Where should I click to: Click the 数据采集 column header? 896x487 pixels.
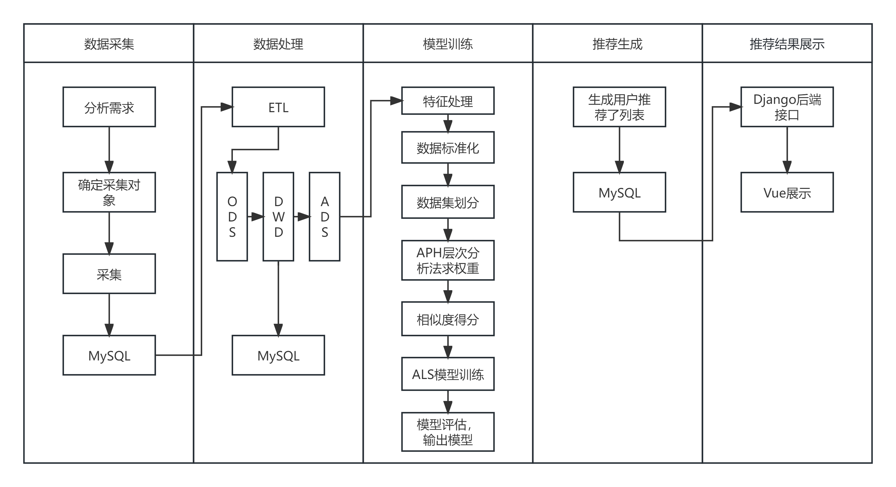pyautogui.click(x=109, y=44)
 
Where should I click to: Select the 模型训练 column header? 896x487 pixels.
pyautogui.click(x=448, y=44)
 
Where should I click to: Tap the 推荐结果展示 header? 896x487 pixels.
pyautogui.click(x=787, y=44)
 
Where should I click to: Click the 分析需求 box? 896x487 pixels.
pyautogui.click(x=109, y=107)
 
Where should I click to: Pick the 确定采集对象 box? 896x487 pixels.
pyautogui.click(x=109, y=192)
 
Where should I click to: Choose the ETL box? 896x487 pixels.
pyautogui.click(x=278, y=107)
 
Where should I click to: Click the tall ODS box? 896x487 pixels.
pyautogui.click(x=232, y=216)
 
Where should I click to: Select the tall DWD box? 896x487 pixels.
pyautogui.click(x=278, y=216)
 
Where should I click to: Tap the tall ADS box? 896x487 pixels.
pyautogui.click(x=325, y=216)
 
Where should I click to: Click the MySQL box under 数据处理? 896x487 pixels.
pyautogui.click(x=278, y=355)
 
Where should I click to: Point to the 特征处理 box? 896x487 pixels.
pyautogui.click(x=448, y=101)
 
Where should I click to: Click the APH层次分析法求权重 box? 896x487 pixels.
pyautogui.click(x=448, y=260)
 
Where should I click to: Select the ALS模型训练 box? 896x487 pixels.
pyautogui.click(x=448, y=374)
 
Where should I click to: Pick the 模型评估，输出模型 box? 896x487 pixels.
pyautogui.click(x=448, y=432)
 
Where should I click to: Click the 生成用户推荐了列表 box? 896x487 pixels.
pyautogui.click(x=619, y=107)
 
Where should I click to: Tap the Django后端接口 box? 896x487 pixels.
pyautogui.click(x=787, y=107)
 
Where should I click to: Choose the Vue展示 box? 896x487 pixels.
pyautogui.click(x=787, y=192)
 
